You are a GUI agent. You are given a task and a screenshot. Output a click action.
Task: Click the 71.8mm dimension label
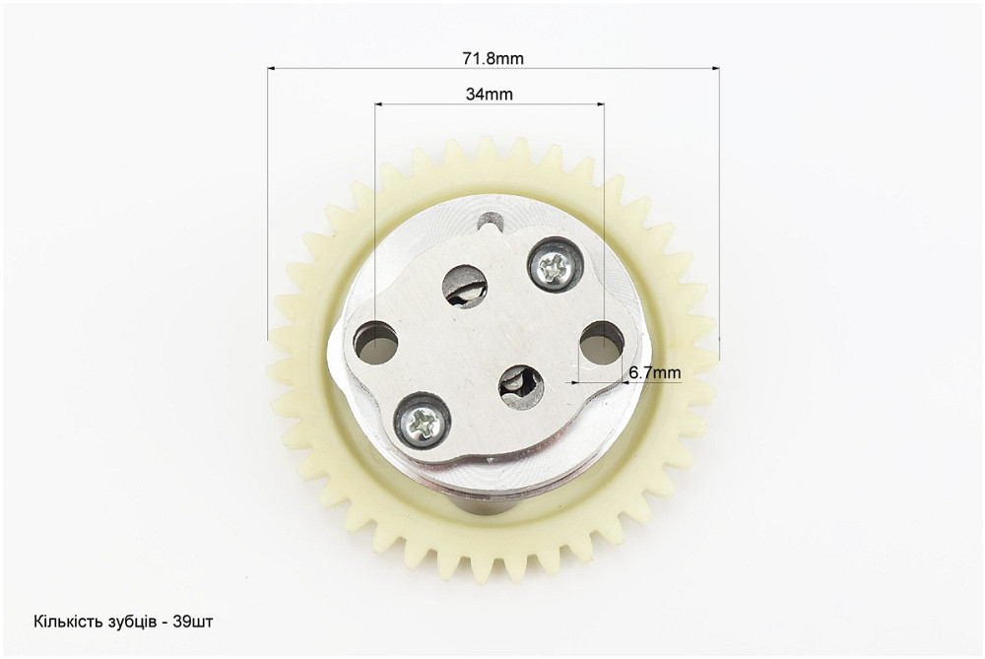493,58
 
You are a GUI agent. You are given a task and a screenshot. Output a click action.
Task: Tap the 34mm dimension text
490,95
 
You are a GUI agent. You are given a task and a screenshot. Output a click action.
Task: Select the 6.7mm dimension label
655,372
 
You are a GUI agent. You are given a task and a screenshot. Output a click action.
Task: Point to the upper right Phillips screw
553,265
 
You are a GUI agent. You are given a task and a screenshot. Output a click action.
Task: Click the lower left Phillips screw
422,423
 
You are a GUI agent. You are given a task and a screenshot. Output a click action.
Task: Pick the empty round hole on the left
375,343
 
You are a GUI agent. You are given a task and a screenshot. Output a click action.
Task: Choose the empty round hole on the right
602,343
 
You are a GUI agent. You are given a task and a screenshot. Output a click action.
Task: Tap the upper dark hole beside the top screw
465,287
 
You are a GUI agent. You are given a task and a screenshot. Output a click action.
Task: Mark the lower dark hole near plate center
521,387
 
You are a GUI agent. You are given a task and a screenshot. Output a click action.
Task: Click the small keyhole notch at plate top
490,222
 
